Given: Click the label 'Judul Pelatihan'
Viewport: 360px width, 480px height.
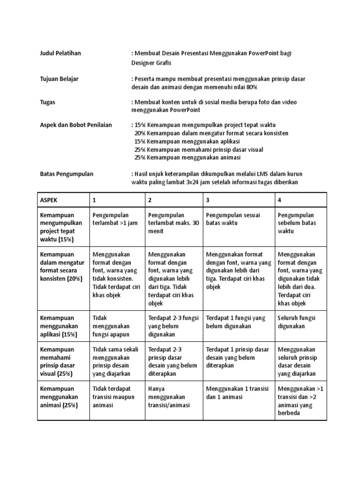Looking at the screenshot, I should click(x=60, y=53).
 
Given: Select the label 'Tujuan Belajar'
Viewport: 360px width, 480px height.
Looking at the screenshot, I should click(x=59, y=79).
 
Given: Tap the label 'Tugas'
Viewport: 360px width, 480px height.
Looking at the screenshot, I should click(x=47, y=102).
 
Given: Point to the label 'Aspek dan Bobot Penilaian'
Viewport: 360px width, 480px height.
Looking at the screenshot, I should click(x=75, y=125).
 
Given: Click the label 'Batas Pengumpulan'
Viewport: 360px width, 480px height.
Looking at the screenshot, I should click(x=66, y=174).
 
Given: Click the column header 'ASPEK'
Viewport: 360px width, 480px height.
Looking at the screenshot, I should click(x=49, y=200).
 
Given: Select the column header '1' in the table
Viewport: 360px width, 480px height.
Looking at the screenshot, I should click(x=94, y=200).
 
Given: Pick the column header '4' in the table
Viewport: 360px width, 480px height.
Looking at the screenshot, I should click(x=279, y=200).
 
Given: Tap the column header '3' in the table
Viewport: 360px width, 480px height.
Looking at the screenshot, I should click(x=208, y=200).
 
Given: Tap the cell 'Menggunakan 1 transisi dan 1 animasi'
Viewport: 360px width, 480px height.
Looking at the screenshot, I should click(x=237, y=393).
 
